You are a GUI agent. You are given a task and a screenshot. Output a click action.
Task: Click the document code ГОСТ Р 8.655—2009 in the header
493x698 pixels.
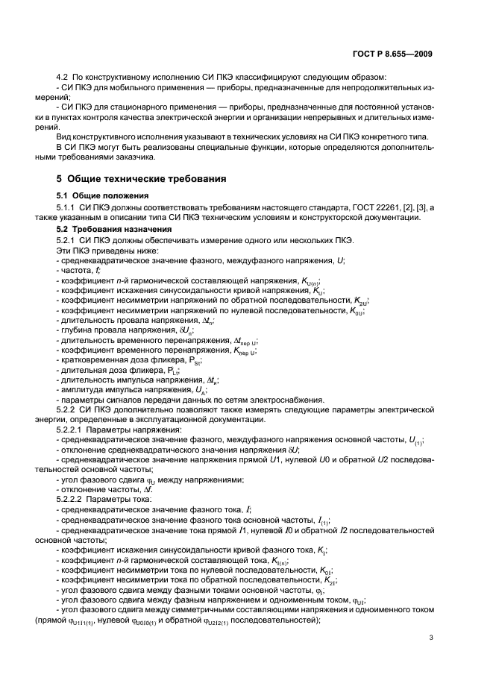click(x=394, y=54)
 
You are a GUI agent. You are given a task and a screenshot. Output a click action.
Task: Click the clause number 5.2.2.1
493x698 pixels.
click(x=72, y=430)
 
